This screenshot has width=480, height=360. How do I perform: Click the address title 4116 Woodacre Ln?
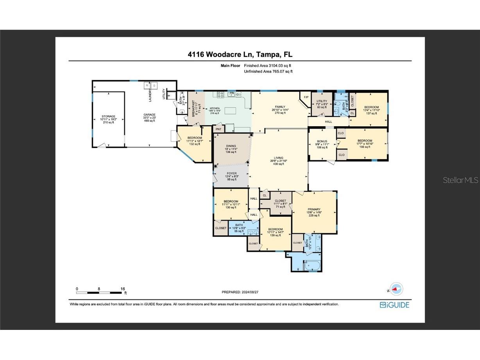(240, 54)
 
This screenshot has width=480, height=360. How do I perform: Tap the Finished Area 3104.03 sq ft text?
(268, 66)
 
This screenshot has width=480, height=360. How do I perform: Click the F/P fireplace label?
(306, 97)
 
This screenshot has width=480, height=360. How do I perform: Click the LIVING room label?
(278, 161)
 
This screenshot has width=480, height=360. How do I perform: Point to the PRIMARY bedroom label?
(314, 212)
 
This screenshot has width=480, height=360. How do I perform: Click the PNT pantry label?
(218, 129)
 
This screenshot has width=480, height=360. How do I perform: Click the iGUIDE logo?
(394, 305)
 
